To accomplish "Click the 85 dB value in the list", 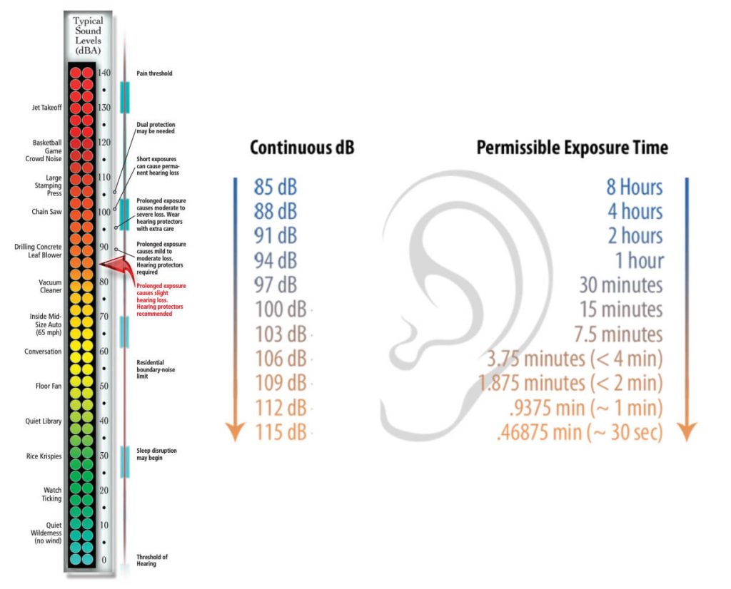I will (275, 188).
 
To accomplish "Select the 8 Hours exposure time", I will (634, 188).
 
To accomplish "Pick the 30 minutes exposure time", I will (620, 285).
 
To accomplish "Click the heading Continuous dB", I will (302, 148).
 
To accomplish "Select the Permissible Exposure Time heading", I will (572, 148).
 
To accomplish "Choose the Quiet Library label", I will (44, 421).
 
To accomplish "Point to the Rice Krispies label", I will (44, 456).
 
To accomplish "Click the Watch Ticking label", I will (52, 494).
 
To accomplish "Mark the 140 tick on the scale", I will (104, 73).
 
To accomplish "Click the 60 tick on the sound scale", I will (104, 351).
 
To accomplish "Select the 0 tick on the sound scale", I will (104, 560).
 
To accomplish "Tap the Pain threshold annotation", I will (154, 73).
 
